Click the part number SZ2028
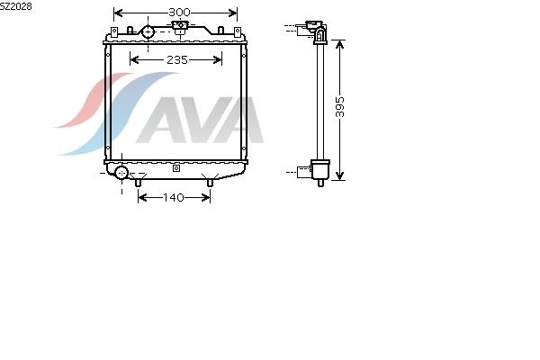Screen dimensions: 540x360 [16, 6]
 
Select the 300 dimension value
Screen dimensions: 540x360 [179, 13]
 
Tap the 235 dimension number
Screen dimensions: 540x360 [177, 60]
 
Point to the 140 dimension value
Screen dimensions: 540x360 [174, 197]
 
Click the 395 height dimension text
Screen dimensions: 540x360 [339, 107]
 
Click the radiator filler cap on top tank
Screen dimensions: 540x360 [179, 26]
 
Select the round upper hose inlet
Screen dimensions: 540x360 [148, 32]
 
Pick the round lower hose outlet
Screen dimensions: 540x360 [121, 172]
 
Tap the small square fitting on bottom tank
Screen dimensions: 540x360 [176, 168]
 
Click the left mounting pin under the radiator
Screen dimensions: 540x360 [138, 183]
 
